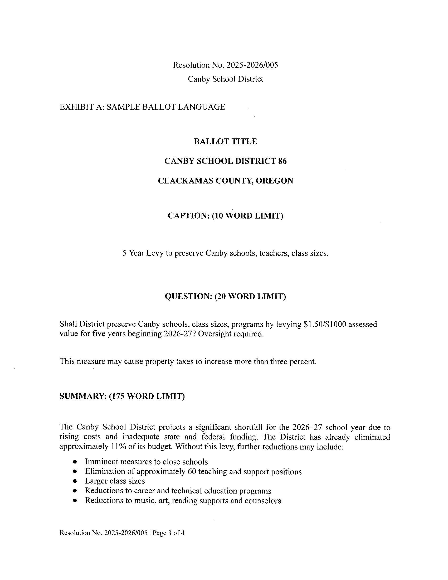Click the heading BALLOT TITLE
point(225,141)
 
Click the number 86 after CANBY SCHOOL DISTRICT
point(282,161)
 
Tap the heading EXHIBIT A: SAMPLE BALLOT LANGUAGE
point(142,107)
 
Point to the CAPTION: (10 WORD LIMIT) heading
point(225,215)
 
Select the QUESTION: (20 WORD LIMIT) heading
point(225,296)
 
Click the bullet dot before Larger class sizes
point(75,481)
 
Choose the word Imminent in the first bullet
point(101,462)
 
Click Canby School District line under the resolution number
point(225,79)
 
